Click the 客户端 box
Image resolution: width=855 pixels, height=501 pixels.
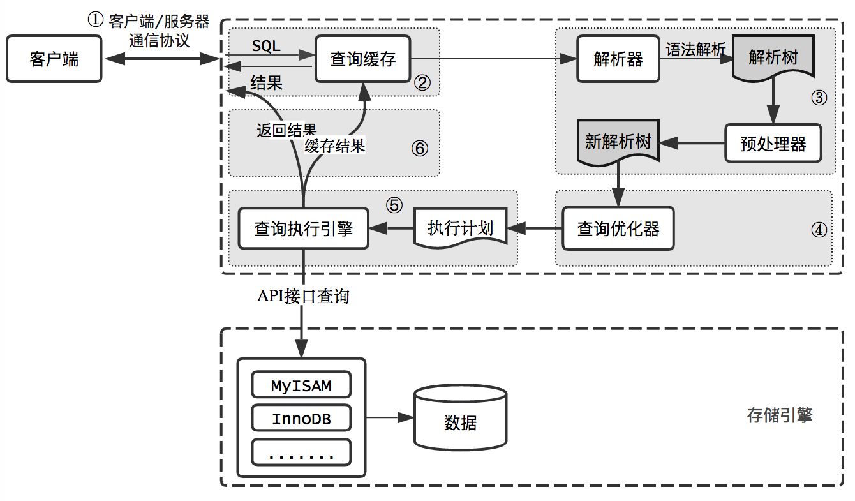(x=54, y=59)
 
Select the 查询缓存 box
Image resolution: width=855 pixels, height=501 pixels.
(x=363, y=59)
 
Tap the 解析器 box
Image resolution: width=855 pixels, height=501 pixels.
(x=618, y=59)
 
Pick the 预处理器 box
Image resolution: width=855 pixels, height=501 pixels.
(x=773, y=144)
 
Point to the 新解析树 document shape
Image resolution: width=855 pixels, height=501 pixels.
(x=618, y=142)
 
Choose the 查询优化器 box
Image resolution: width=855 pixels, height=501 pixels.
(x=618, y=228)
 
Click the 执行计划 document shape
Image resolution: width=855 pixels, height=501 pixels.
(x=461, y=228)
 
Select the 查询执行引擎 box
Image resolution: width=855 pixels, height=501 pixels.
(x=303, y=228)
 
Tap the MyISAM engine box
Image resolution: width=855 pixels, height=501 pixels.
(x=301, y=386)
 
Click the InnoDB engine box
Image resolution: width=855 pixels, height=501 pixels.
(x=301, y=419)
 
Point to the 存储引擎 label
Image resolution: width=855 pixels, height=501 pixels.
(x=780, y=416)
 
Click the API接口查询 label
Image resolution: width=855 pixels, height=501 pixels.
(x=303, y=296)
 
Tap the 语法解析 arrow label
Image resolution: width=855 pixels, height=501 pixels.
(x=695, y=50)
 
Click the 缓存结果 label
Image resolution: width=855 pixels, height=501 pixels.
(x=335, y=146)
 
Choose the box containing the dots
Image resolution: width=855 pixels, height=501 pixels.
(x=301, y=453)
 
